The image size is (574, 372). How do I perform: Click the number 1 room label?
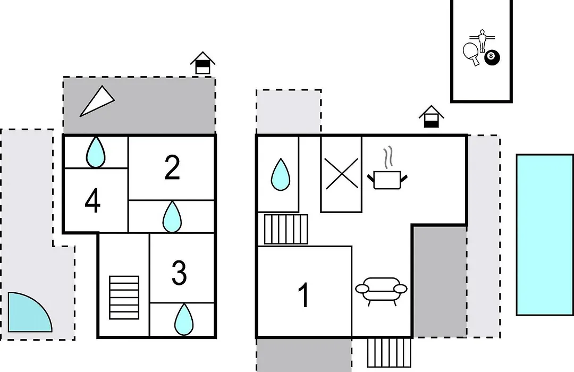click(304, 295)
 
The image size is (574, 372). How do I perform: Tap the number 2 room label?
click(172, 167)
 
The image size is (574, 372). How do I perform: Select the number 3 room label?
click(179, 273)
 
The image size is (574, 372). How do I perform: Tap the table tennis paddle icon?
click(471, 54)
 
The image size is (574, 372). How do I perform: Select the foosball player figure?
click(483, 40)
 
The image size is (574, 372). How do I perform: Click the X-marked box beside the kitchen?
click(341, 174)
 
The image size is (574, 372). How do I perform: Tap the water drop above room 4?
click(96, 152)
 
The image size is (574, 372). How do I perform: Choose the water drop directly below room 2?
click(172, 217)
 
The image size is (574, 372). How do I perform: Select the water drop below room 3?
click(184, 319)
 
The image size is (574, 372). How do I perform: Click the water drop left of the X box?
click(281, 174)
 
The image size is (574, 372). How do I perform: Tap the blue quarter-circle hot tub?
click(29, 312)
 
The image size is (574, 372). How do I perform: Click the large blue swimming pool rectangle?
click(545, 235)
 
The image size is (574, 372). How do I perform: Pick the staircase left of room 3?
click(124, 297)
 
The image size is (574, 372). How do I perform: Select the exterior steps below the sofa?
click(389, 352)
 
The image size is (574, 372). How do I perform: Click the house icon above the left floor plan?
click(203, 63)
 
